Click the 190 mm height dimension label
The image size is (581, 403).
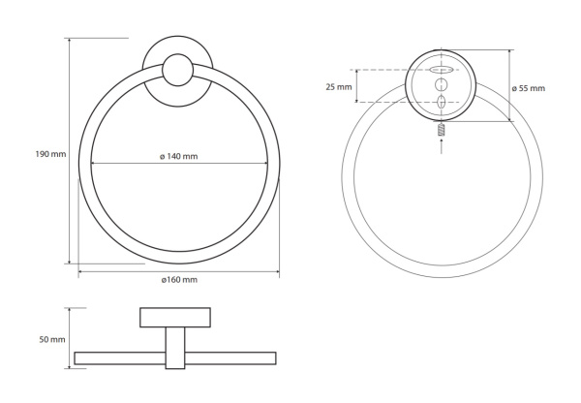pos(50,154)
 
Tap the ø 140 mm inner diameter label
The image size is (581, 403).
pos(178,157)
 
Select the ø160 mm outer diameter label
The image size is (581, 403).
pos(179,280)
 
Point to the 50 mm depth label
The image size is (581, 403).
pos(52,340)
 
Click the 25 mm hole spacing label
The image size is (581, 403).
pos(339,87)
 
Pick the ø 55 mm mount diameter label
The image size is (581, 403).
pos(529,88)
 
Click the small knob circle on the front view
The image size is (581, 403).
pos(178,70)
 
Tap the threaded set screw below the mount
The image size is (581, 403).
pos(441,130)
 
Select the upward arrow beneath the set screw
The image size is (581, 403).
pos(441,145)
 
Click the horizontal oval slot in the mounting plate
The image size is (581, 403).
pos(442,70)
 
